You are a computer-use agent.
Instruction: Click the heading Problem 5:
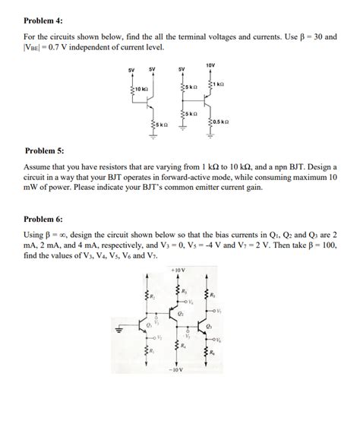click(46, 150)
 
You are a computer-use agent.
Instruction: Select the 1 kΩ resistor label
click(219, 84)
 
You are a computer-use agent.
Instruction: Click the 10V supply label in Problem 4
click(211, 66)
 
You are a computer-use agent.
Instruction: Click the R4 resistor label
click(183, 346)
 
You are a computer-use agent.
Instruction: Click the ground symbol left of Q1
click(118, 330)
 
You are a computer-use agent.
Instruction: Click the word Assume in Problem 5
click(39, 166)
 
